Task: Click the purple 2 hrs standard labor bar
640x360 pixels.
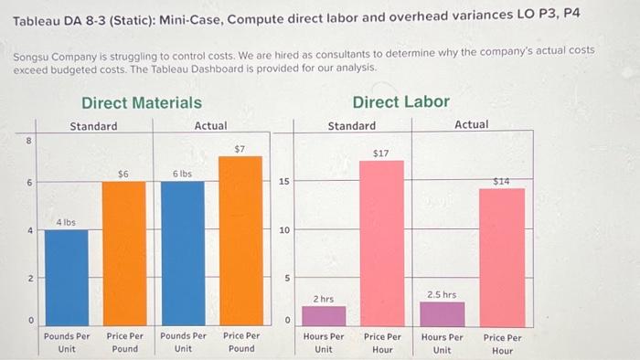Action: tap(324, 315)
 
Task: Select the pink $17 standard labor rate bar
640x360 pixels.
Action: tap(381, 242)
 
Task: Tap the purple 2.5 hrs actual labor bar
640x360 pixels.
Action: tap(442, 312)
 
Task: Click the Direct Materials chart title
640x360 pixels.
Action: tap(142, 102)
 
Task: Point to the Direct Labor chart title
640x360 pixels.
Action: tap(400, 102)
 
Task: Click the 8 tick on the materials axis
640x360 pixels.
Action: tap(29, 140)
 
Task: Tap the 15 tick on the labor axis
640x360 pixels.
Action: tap(284, 183)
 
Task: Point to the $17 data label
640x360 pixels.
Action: tap(381, 154)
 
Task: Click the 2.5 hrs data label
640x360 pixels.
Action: tap(442, 294)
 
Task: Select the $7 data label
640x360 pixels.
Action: tap(240, 148)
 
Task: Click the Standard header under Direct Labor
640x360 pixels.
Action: tap(352, 125)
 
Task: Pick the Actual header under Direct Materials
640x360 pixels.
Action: tap(210, 125)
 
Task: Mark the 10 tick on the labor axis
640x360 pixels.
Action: tap(284, 230)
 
